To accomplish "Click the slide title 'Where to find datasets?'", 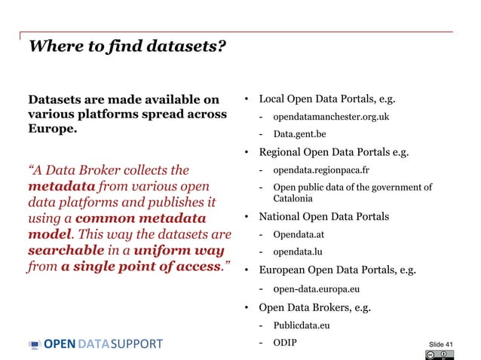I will (x=127, y=47).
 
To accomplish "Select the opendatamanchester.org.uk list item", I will (x=320, y=117).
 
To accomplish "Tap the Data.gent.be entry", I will (x=299, y=134).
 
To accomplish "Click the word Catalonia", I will (x=293, y=199).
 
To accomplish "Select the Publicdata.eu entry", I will (x=302, y=325).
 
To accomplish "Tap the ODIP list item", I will (x=285, y=343).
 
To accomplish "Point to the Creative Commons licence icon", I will (x=440, y=355).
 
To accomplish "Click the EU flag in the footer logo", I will (x=35, y=345).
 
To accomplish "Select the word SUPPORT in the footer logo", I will (x=136, y=345).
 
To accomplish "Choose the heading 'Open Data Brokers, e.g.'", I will (x=314, y=307).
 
